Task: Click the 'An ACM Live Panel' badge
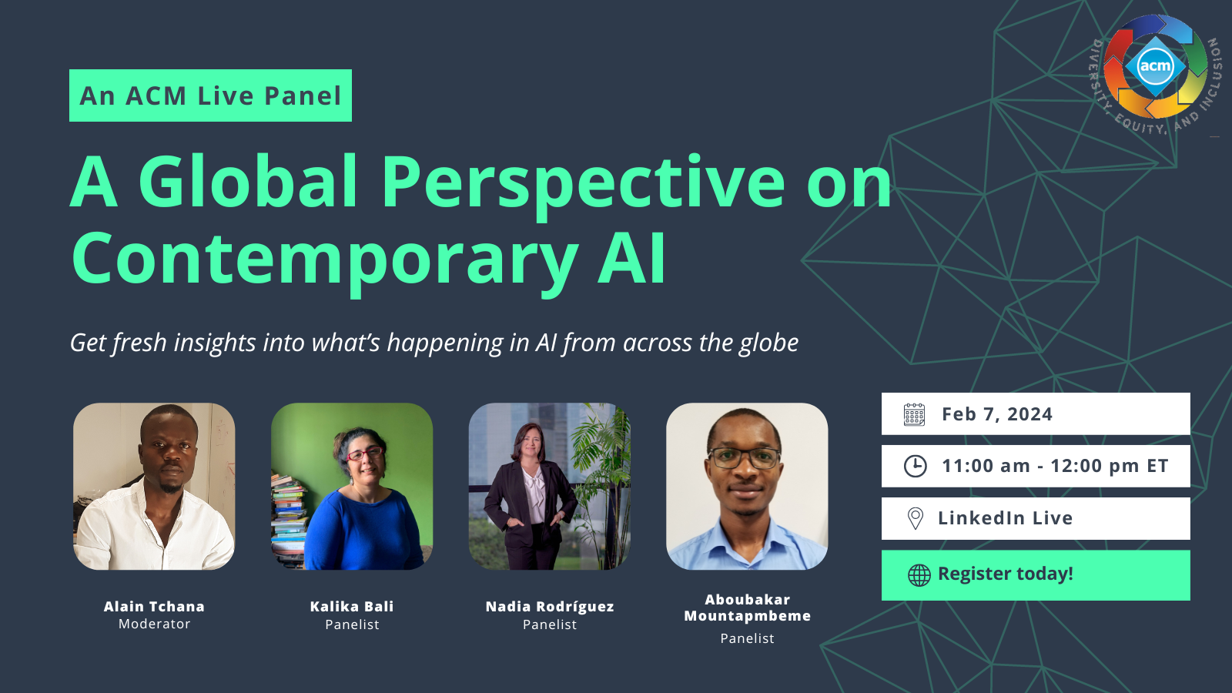[x=210, y=95]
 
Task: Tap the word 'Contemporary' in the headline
[x=325, y=258]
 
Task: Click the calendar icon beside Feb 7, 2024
[x=914, y=414]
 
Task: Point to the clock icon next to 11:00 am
[x=916, y=466]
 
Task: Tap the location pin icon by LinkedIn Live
[x=916, y=518]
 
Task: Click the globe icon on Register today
[x=919, y=575]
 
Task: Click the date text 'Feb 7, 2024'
[x=997, y=414]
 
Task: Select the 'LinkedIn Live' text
[x=1006, y=518]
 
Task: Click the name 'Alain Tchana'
[x=154, y=607]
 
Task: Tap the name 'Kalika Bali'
[x=352, y=607]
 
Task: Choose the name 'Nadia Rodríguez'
[x=550, y=607]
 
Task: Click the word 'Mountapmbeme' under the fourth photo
[x=748, y=616]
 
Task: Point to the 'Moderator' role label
[x=155, y=624]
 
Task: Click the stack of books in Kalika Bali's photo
[x=289, y=520]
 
